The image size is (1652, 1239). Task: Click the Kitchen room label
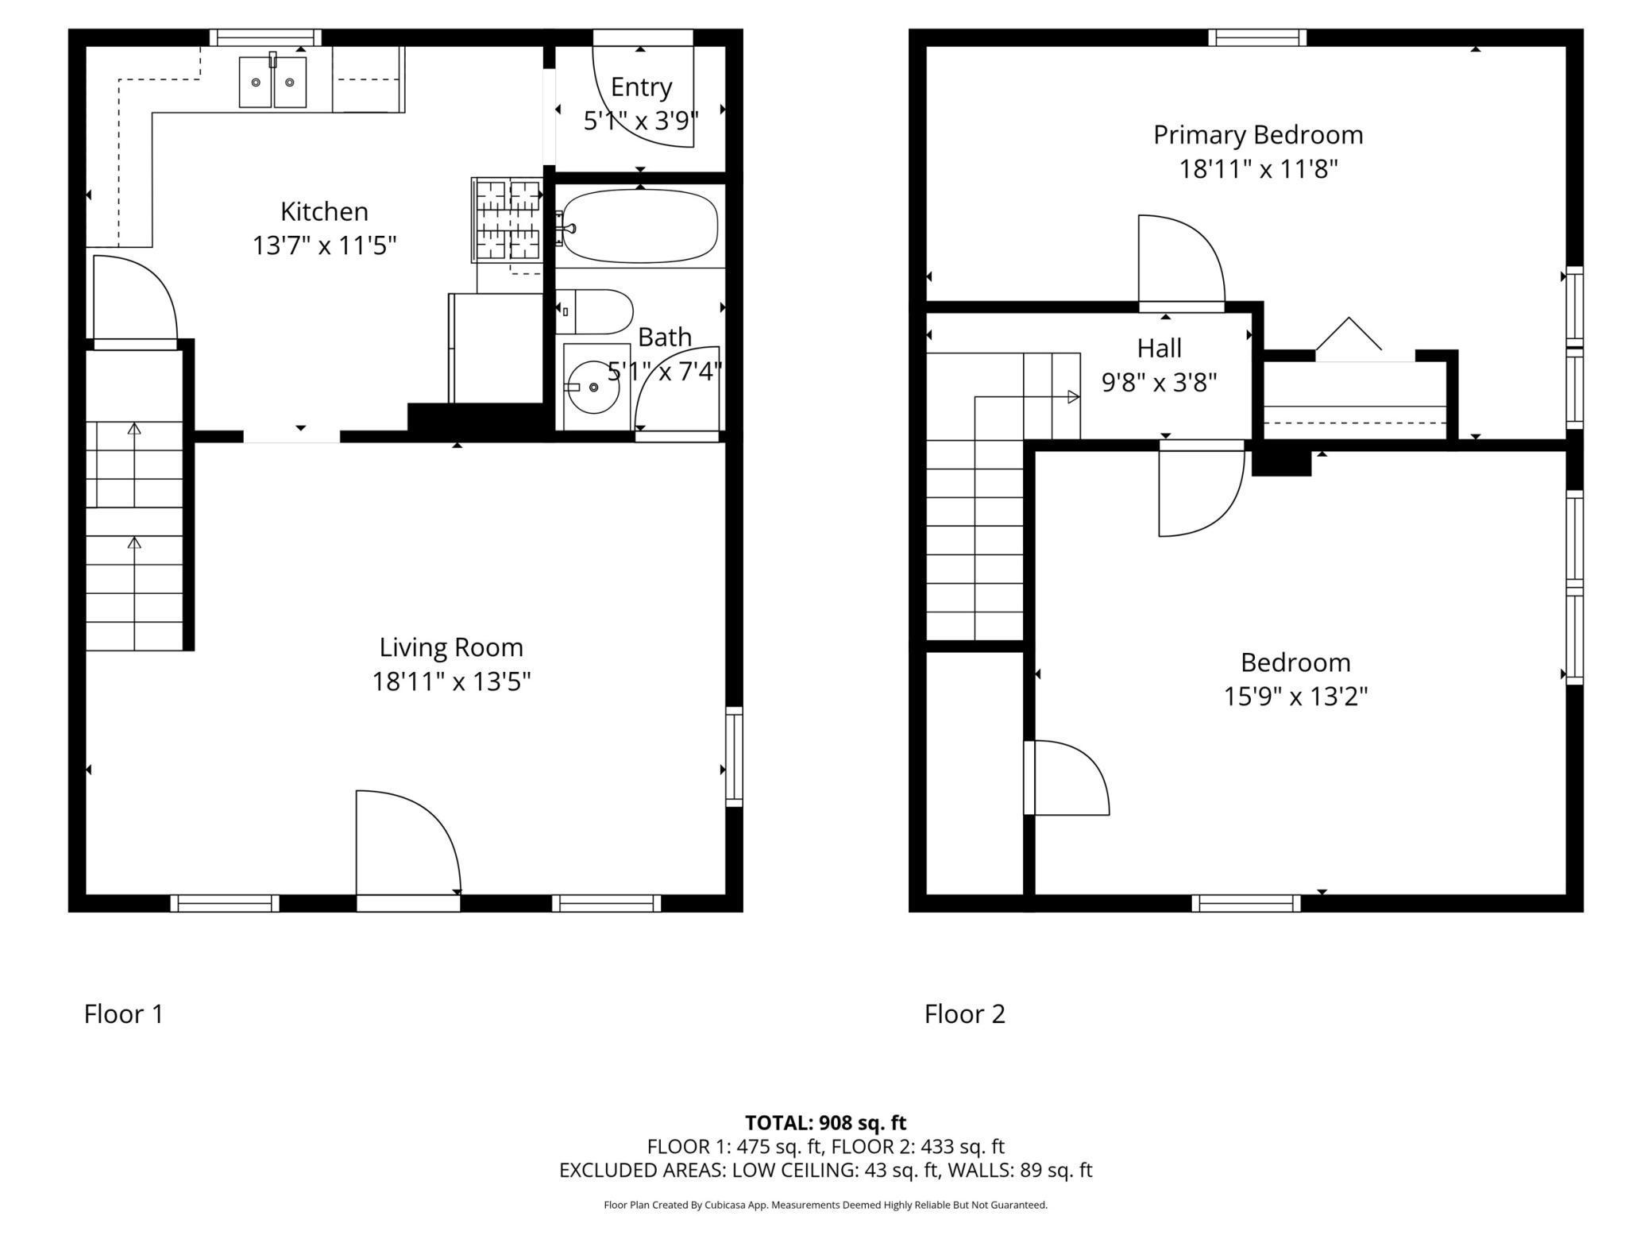point(324,211)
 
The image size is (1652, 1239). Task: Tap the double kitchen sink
point(272,82)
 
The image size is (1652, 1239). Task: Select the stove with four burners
point(507,220)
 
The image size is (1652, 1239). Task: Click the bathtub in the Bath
point(640,226)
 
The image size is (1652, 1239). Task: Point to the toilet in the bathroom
point(596,311)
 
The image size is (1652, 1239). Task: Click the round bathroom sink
point(594,387)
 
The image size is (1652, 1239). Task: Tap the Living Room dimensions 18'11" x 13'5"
point(451,681)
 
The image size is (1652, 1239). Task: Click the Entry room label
point(641,87)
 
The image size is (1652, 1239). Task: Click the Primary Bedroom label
point(1258,135)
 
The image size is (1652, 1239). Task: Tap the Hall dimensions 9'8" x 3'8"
point(1159,383)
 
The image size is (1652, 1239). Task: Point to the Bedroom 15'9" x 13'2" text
point(1295,697)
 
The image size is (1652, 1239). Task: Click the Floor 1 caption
point(124,1014)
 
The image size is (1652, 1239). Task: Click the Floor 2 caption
point(964,1014)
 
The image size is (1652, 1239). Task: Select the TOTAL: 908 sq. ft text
point(825,1122)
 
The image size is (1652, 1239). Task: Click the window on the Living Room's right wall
point(735,756)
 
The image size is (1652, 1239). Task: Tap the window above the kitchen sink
point(265,37)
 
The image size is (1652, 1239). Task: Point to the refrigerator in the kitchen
point(496,348)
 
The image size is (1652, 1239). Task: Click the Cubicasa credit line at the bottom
point(825,1205)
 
